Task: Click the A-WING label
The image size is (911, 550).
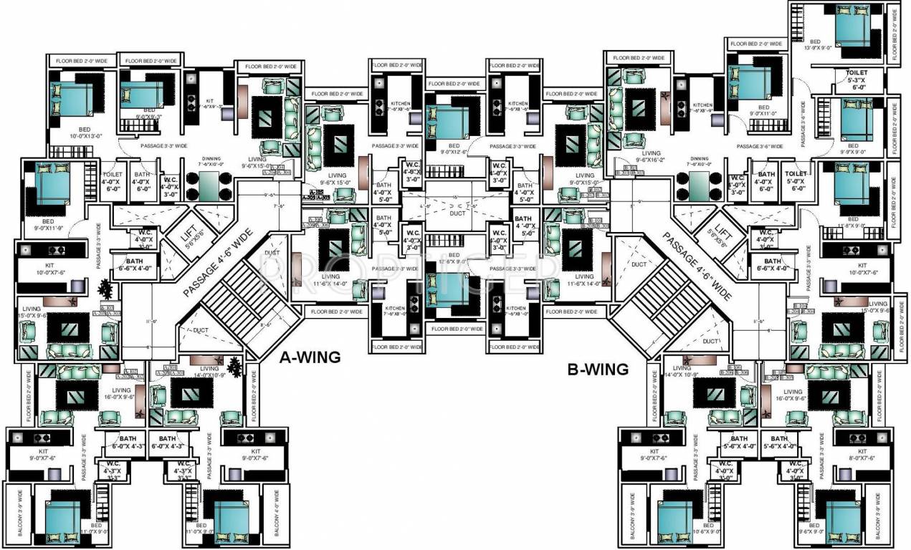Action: pos(310,357)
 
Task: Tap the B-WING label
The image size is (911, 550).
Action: pos(598,370)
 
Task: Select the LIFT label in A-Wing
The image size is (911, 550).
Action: pos(190,232)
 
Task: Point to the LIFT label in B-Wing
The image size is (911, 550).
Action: pos(723,233)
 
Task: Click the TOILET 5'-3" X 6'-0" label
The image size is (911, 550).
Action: pos(857,79)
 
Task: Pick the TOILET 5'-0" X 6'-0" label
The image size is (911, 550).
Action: pos(795,178)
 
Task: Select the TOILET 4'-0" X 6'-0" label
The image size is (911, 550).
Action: pos(113,179)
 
